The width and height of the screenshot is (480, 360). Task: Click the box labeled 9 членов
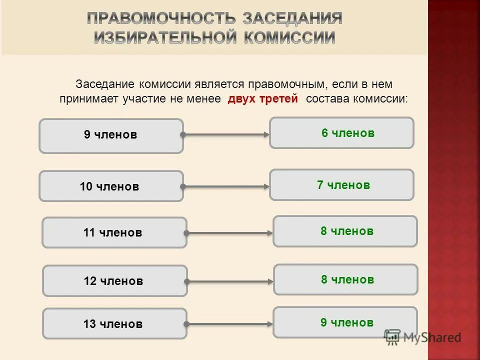(x=111, y=135)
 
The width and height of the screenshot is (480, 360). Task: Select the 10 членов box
(x=111, y=186)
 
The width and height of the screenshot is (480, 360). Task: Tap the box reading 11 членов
(x=114, y=232)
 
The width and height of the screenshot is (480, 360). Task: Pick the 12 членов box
(x=114, y=281)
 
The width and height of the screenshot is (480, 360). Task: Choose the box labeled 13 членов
(x=114, y=323)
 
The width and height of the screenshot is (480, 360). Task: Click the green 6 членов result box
(x=341, y=133)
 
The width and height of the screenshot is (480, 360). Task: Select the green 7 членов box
(x=341, y=185)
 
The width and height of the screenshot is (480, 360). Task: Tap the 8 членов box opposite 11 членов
(x=345, y=231)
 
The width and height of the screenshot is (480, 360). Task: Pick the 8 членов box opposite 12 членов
(x=345, y=279)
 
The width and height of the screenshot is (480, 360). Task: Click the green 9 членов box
(x=345, y=322)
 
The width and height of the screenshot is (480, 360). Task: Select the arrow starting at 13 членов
(x=229, y=323)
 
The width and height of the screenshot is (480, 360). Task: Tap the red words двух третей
(x=262, y=98)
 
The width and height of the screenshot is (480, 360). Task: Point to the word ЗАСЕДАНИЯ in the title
(x=292, y=19)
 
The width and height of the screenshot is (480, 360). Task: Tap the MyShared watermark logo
(x=422, y=337)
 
